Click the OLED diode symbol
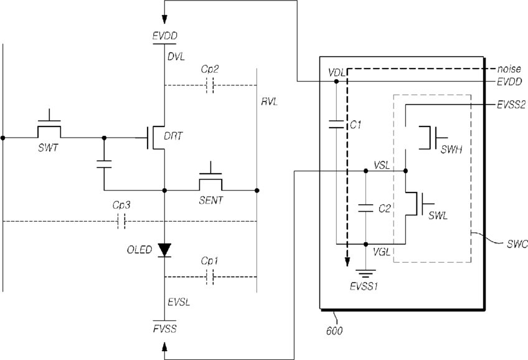164,250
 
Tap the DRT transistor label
173,136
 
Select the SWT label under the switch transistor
48,148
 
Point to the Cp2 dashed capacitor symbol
209,85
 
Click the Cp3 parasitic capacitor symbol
121,221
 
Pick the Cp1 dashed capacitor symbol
209,277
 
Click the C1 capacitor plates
336,124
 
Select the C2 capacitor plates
365,208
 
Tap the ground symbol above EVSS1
365,274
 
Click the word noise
509,69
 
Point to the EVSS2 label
511,105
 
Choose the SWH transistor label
451,149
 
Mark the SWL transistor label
438,216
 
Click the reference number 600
334,331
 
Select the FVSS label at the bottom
164,329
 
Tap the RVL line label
270,102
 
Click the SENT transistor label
211,201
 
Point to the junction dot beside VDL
336,82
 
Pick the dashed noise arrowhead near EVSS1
347,262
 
